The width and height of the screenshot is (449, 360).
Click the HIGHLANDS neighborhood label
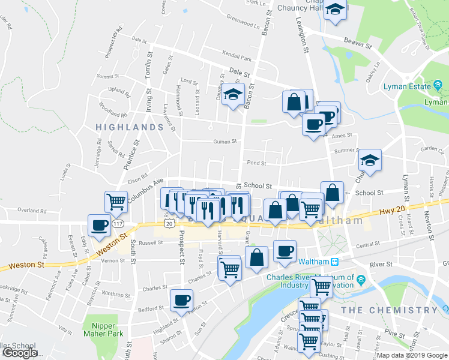pos(128,128)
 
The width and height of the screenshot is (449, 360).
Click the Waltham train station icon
pos(336,262)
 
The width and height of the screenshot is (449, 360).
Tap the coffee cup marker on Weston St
pos(100,226)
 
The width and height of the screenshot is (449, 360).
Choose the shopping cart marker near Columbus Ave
pos(116,202)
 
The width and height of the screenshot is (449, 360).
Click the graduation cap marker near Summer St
pos(370,161)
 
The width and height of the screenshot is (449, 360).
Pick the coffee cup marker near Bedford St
pos(181,300)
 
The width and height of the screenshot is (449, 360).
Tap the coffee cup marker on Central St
pos(285,250)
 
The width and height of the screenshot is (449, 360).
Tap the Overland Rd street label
pos(32,211)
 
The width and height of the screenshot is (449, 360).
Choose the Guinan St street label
pos(225,142)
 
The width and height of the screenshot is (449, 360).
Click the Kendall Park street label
pos(237,59)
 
